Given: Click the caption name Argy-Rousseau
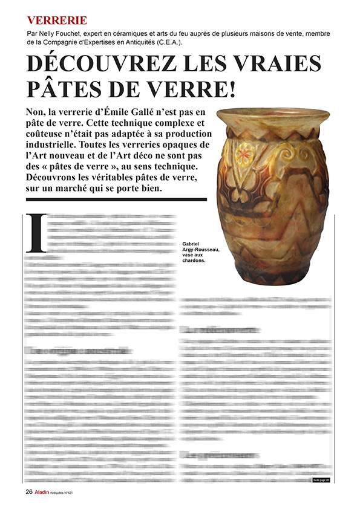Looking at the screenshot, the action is (200, 250).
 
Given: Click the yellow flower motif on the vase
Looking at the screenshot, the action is (244, 155).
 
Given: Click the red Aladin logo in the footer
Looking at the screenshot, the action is (41, 491).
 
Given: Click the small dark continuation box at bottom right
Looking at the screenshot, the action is (321, 481).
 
